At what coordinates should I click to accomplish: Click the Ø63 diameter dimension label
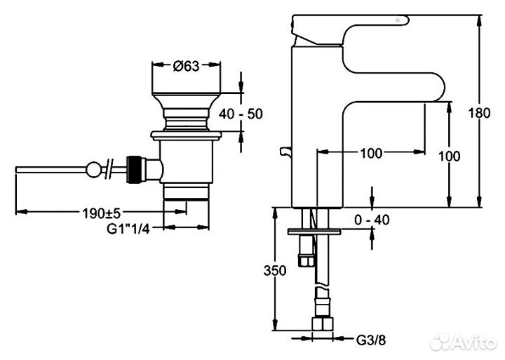tap(186, 66)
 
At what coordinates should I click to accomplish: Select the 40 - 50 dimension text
tap(241, 114)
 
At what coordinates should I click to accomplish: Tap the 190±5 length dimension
tap(101, 213)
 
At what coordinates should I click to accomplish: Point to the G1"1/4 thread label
tap(128, 229)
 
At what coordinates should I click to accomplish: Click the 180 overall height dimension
tap(479, 113)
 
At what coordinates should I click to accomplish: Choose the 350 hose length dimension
tap(275, 270)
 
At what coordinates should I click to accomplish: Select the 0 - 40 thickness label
tap(372, 220)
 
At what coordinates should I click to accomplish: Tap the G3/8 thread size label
tap(371, 340)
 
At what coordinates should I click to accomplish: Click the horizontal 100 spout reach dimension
tap(371, 153)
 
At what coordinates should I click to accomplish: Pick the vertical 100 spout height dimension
tap(450, 156)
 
